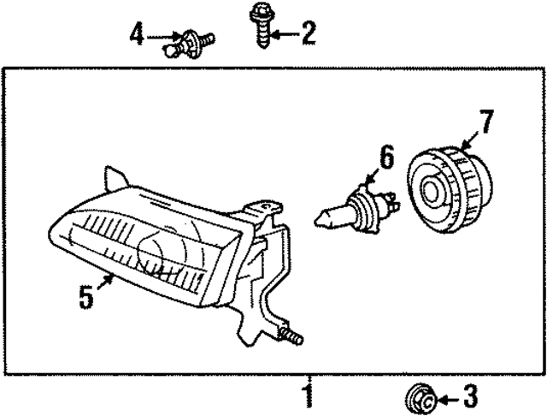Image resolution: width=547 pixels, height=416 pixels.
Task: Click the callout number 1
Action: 306,396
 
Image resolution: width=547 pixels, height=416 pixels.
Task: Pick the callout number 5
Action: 85,298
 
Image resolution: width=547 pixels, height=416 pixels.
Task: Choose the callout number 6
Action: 386,157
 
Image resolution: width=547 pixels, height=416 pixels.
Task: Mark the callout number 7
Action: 485,122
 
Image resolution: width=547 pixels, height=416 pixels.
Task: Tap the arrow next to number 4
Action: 162,36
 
